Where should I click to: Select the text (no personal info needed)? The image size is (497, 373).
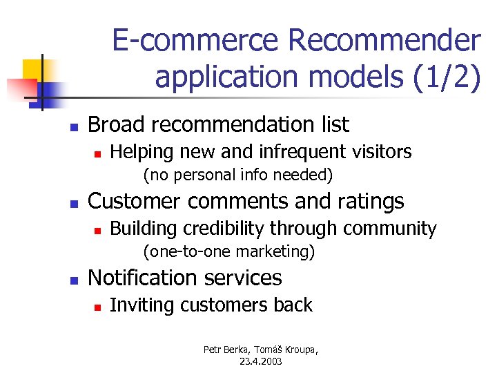(237, 175)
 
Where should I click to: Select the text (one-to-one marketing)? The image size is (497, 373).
(228, 251)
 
